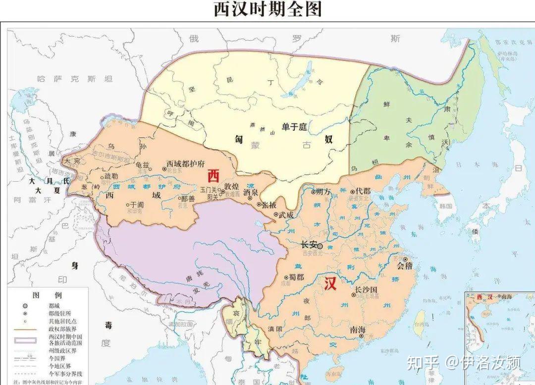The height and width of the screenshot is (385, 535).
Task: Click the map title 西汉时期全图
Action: point(267,9)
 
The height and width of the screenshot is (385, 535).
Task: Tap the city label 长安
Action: point(310,245)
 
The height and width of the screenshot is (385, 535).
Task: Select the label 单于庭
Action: point(295,127)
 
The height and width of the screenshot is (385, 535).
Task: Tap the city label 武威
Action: point(286,215)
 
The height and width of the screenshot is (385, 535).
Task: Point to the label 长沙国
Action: point(367,289)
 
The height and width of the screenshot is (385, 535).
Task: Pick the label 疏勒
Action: point(111,176)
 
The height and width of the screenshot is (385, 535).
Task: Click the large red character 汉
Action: point(330,284)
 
